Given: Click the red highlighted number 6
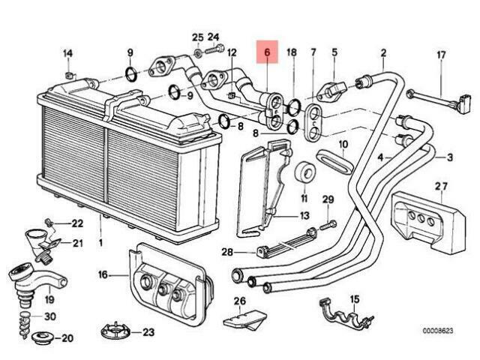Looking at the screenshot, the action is coord(267,52).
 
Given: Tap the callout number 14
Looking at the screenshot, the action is coord(67,53).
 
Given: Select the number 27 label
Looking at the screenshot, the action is coord(441,187).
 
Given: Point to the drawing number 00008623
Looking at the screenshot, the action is coord(438,331).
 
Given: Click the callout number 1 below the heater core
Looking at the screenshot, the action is coord(100,243).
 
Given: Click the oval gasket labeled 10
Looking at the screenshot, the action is coord(335,161).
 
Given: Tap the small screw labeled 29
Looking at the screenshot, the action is coord(329,225).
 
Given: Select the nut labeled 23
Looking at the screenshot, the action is coord(115,331).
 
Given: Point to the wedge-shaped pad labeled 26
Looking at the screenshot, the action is coord(244,320).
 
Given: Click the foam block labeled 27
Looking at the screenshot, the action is coord(428,220).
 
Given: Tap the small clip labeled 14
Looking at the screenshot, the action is coord(70,74).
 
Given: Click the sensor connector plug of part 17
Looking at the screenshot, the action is coord(463,103).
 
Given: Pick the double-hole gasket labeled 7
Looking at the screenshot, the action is coord(313,123).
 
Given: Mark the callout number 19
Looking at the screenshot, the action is coord(49,299).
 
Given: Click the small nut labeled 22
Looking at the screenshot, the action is coord(47,221).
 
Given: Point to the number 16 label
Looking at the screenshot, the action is coord(103,274).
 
